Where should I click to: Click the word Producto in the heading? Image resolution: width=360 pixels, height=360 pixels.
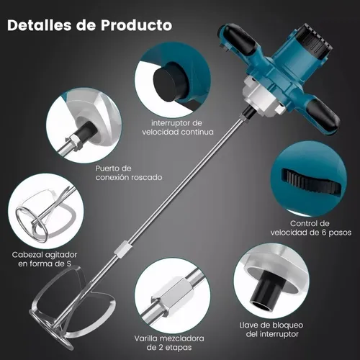pos(136,25)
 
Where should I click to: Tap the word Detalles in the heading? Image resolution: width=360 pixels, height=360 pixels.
pos(40,25)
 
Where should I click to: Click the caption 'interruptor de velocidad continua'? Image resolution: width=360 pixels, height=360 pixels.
pos(178,127)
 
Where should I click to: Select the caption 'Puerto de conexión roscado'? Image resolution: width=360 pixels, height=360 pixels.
pos(129,173)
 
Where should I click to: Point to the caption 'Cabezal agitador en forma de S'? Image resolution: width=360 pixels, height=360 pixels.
pos(45,259)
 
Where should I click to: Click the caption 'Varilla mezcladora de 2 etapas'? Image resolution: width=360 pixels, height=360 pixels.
pos(169,343)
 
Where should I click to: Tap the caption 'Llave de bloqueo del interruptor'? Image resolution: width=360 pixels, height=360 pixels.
pos(271,330)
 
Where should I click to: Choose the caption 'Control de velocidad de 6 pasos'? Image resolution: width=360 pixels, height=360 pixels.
pos(311,228)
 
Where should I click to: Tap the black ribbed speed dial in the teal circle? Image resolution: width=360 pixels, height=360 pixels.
pos(312,181)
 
